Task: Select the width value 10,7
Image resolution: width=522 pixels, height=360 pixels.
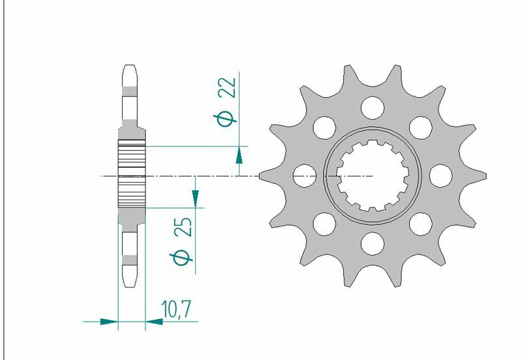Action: [x=176, y=309]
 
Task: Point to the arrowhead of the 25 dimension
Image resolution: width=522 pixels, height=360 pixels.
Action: [x=194, y=196]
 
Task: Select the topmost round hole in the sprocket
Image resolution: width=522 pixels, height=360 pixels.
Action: [x=373, y=105]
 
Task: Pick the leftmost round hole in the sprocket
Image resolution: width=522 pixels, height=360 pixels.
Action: [x=303, y=174]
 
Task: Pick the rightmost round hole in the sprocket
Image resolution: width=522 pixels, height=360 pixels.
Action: [x=442, y=174]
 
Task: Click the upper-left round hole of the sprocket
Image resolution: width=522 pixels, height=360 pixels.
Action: [x=324, y=125]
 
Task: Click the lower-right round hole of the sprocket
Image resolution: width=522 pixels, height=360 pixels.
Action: [x=422, y=223]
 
